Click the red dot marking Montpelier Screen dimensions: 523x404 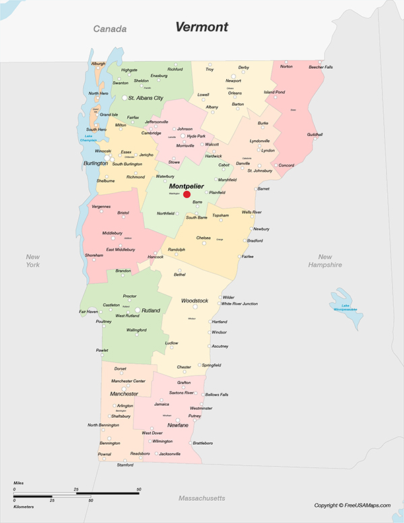[x=187, y=194]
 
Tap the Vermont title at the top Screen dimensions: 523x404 [x=201, y=27]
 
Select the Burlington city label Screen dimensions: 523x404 [x=95, y=163]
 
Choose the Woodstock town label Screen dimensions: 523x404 [x=195, y=301]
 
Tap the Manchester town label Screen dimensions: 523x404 [x=124, y=394]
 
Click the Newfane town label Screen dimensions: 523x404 [x=178, y=425]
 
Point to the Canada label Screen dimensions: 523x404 [x=110, y=29]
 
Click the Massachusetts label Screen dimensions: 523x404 [x=201, y=498]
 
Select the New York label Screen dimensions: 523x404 [x=33, y=261]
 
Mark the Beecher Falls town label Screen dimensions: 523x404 [x=321, y=67]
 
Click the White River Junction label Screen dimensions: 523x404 [x=240, y=304]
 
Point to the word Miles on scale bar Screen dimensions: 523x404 [x=20, y=484]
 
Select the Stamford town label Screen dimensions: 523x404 [x=125, y=465]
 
